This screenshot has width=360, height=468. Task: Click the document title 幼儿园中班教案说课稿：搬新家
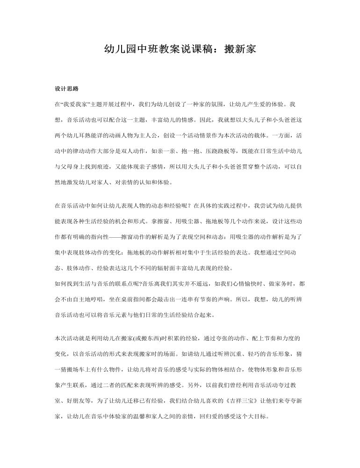click(180, 49)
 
